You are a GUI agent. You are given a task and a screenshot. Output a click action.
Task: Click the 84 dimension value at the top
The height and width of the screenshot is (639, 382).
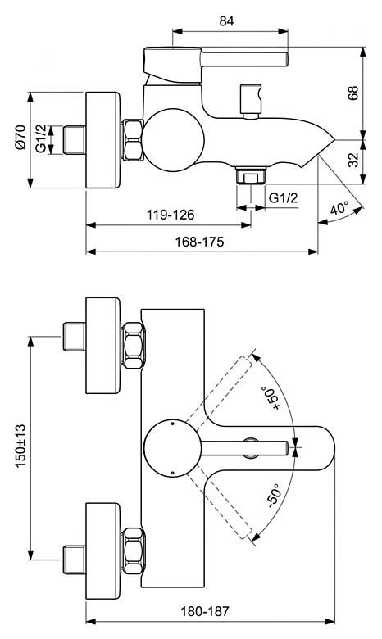click(227, 21)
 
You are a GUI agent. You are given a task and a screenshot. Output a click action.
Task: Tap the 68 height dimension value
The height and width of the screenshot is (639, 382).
click(353, 93)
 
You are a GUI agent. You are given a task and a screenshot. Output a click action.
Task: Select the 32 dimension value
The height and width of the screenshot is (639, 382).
click(354, 160)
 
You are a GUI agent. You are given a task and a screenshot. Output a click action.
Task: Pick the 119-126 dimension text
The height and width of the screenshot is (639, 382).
click(171, 215)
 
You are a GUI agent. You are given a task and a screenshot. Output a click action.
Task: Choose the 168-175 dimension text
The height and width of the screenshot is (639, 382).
click(199, 242)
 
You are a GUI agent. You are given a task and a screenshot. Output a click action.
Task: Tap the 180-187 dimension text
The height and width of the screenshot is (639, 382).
click(205, 611)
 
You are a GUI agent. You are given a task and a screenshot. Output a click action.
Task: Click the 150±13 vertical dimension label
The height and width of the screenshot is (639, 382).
click(20, 446)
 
